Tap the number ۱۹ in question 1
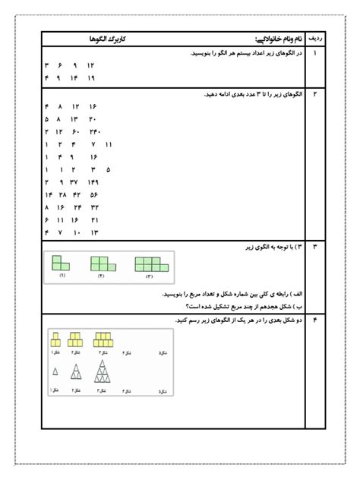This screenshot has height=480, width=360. click(91, 77)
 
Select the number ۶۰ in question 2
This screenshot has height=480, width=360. click(76, 131)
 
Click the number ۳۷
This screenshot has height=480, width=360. click(76, 182)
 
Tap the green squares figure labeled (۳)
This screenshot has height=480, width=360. click(150, 264)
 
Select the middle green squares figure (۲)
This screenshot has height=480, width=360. click(101, 264)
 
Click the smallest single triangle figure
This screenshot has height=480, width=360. click(55, 371)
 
